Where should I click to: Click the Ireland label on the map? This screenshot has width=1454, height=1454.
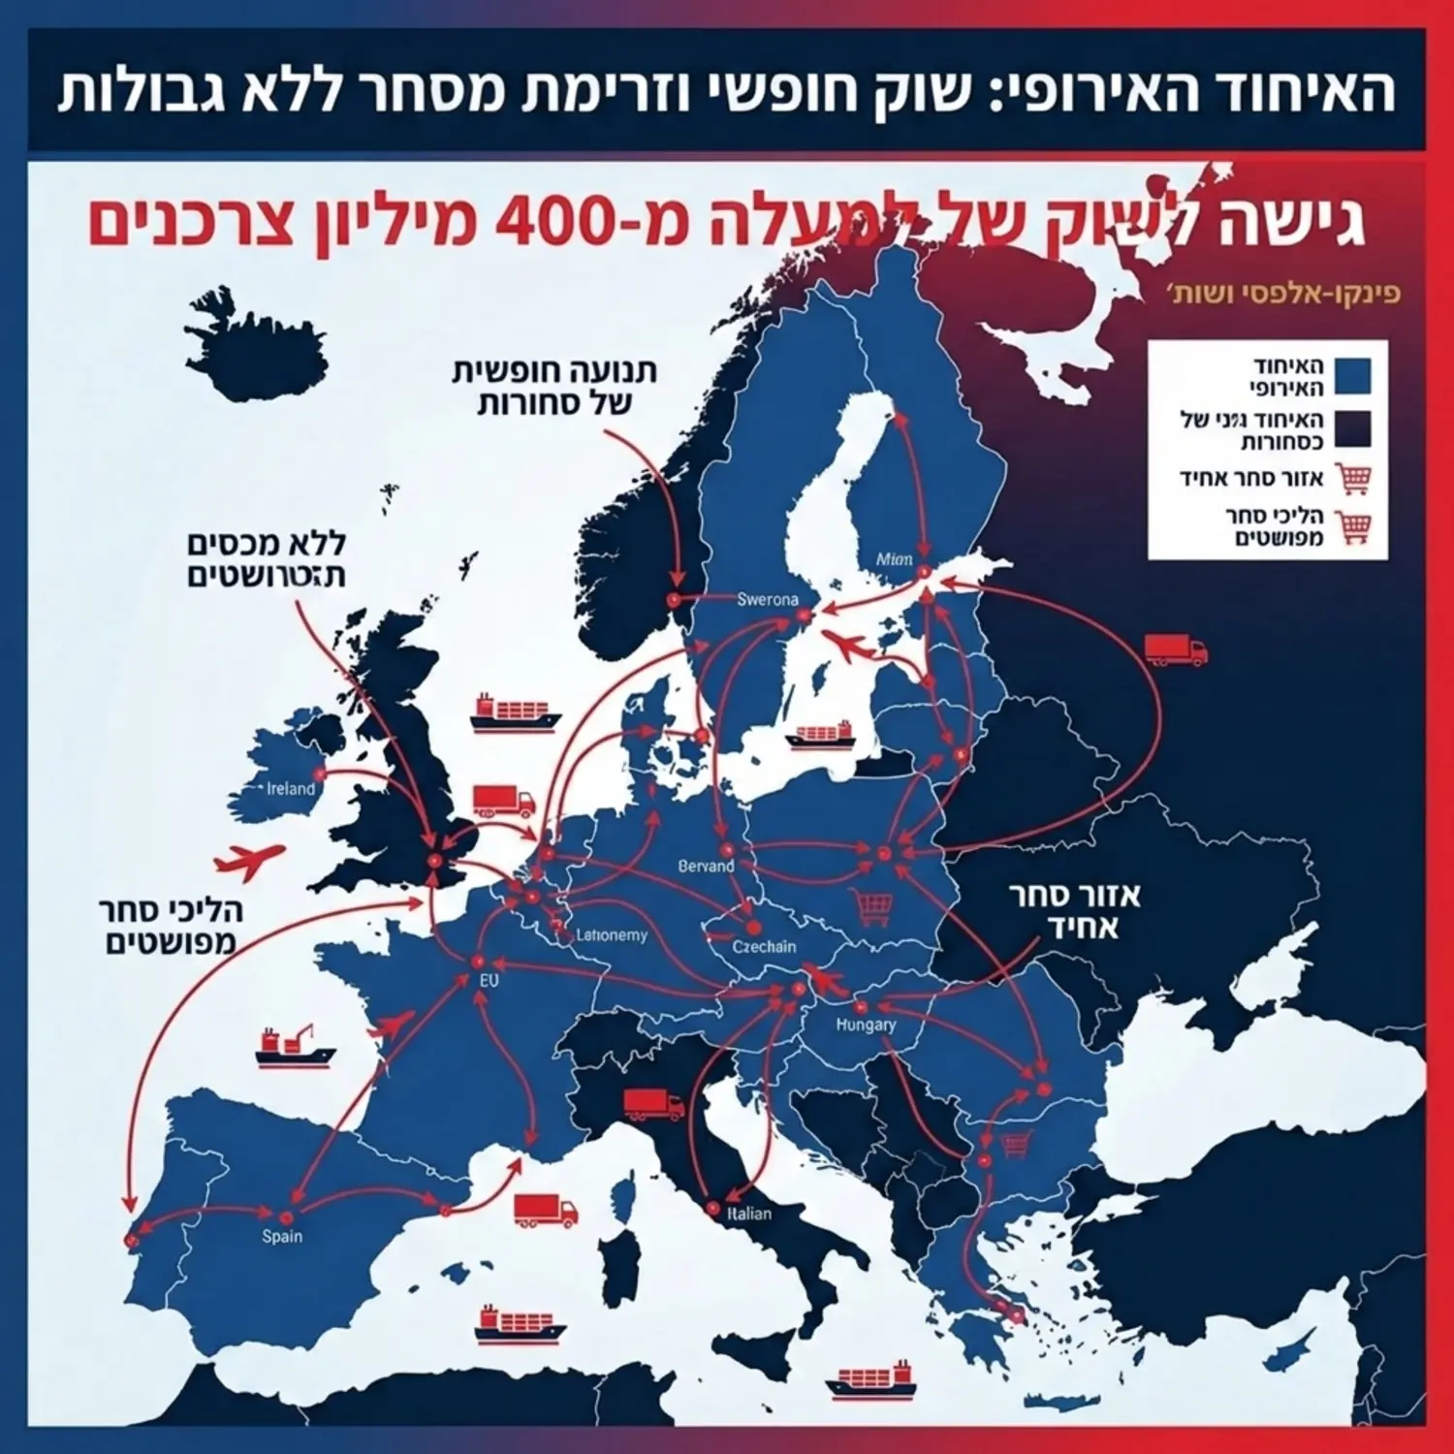pos(291,789)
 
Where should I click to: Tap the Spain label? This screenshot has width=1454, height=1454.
pos(282,1236)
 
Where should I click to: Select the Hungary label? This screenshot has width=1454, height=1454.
pos(866,1025)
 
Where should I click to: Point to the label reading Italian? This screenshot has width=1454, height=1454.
pos(748,1214)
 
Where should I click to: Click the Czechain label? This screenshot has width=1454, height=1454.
pos(764,946)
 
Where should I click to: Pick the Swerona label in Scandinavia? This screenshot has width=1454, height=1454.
pos(768,599)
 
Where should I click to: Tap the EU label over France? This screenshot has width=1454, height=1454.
pos(490,981)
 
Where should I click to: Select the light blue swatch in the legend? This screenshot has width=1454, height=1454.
pos(1351,376)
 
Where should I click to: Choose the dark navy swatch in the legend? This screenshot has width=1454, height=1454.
pos(1351,427)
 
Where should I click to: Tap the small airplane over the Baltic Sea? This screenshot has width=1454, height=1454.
pos(848,645)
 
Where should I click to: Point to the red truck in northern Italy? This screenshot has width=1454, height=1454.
pos(652,1103)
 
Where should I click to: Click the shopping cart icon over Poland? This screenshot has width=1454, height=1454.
pos(872,907)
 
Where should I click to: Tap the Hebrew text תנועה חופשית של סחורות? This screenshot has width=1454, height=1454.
pos(554,387)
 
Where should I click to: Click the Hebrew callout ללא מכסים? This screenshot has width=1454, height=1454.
pos(267,559)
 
